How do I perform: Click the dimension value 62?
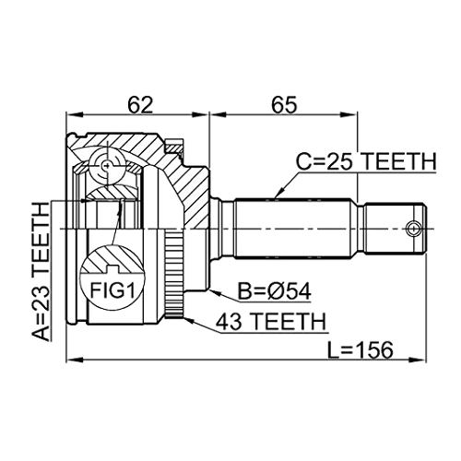coord(141,104)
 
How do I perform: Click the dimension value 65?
coord(284,104)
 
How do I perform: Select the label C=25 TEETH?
coord(366,161)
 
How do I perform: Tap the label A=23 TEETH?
coord(41,272)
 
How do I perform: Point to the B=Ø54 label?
coord(275,291)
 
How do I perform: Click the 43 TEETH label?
coord(270,322)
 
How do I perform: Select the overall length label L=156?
coord(360,349)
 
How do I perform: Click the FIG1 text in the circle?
coord(112,290)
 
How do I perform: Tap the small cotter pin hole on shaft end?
coord(413,229)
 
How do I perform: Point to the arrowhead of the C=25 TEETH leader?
coord(278,195)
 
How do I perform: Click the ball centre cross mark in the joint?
coord(107,166)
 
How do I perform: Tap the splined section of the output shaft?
coord(293,229)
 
